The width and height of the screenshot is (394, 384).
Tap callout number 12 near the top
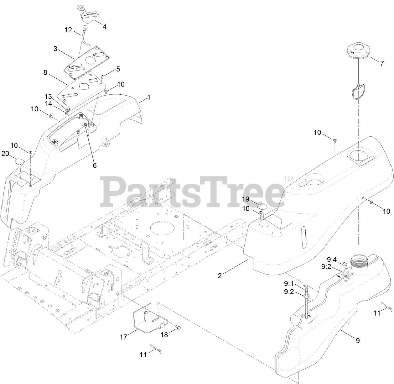(x=68, y=30)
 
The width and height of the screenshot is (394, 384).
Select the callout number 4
(x=104, y=27)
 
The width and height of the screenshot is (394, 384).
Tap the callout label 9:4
(x=332, y=260)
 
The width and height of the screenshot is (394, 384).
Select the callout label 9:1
(x=288, y=283)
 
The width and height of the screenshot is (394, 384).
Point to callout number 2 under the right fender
(x=220, y=276)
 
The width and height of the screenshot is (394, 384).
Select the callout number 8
(x=45, y=72)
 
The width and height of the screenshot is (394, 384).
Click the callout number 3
(x=55, y=49)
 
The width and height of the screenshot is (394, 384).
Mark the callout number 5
(x=118, y=69)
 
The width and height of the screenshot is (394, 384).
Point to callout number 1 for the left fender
(x=148, y=97)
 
